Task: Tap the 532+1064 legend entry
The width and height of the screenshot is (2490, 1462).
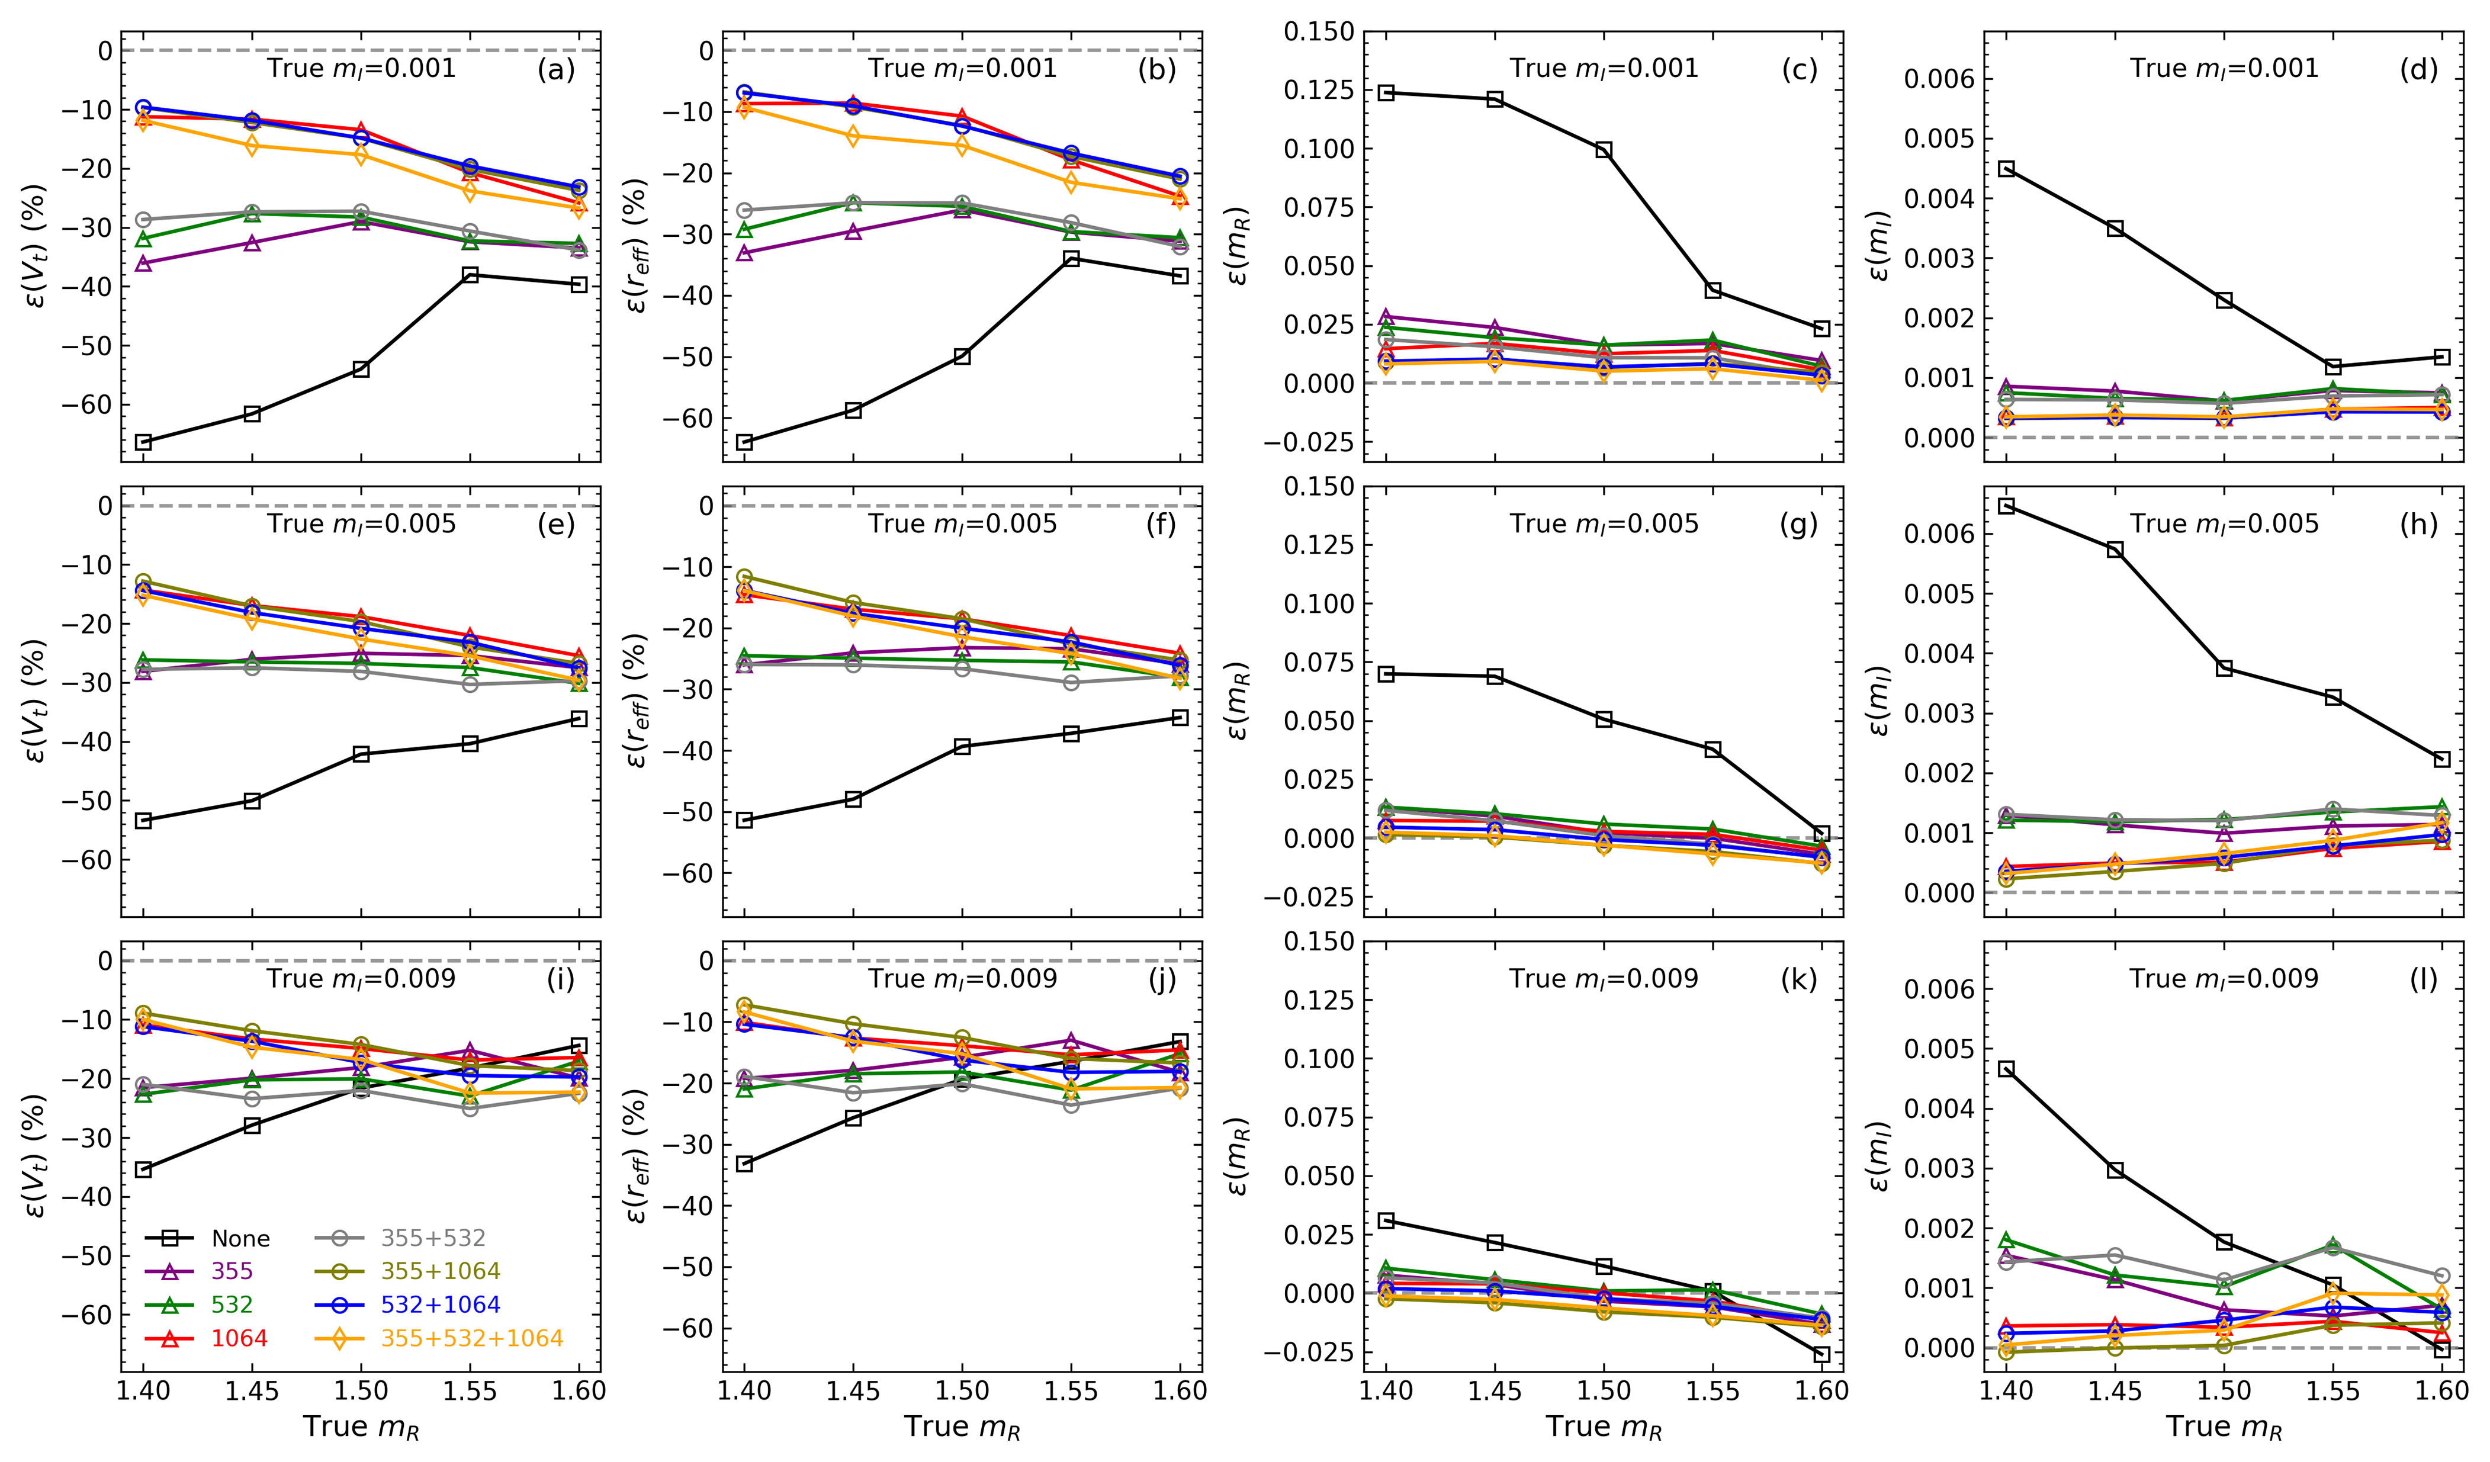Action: [440, 1305]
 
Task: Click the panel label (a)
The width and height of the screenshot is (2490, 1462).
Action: [555, 69]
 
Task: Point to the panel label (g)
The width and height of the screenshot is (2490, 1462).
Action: [1798, 525]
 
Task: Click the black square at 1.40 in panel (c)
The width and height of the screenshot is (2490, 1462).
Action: [1386, 93]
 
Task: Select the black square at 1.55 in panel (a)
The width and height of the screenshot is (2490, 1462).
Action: [470, 275]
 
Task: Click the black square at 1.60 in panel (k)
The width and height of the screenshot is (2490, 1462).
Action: [1822, 1354]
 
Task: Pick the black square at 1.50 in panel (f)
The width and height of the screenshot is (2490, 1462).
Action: [962, 747]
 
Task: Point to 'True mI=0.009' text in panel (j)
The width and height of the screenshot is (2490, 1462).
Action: [962, 979]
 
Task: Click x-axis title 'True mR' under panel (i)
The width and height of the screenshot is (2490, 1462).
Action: [362, 1428]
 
